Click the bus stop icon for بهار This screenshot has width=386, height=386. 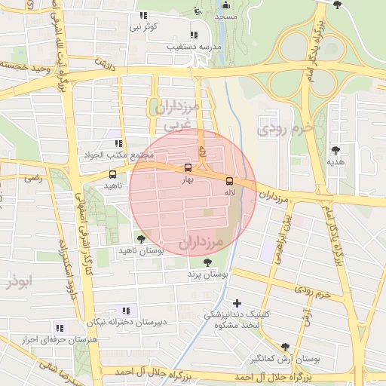coord(188,169)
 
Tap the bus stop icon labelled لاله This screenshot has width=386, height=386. coord(230,181)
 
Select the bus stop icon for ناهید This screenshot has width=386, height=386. coord(112,174)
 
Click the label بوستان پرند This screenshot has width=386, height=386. coord(207,276)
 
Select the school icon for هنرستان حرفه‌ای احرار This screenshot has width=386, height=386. coord(59,328)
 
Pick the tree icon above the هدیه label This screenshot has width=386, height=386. coord(335,150)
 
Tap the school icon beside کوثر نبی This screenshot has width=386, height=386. coord(143,16)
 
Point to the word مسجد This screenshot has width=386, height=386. coord(225,16)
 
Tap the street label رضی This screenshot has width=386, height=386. coord(33,179)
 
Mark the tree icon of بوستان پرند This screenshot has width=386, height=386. coord(207,263)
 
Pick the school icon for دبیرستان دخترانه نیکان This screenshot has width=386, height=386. coord(125,311)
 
